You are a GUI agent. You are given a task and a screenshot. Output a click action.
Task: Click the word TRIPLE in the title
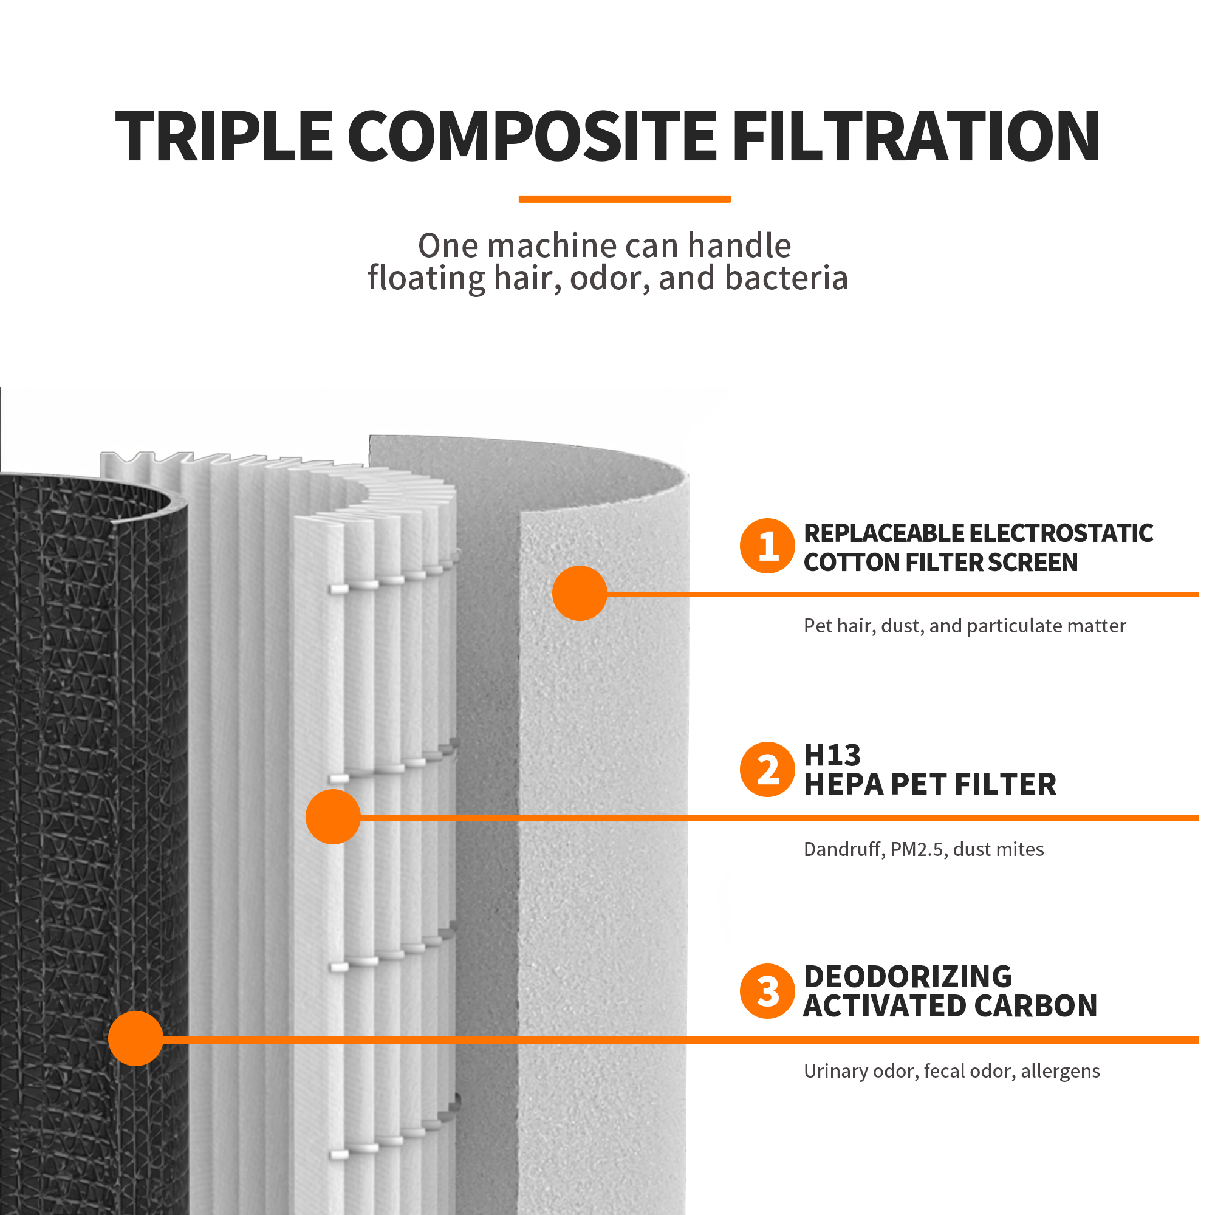pyautogui.click(x=224, y=137)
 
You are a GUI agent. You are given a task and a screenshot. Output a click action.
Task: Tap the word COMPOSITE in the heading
pyautogui.click(x=532, y=137)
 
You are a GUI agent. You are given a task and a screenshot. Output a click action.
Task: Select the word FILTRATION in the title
pyautogui.click(x=916, y=137)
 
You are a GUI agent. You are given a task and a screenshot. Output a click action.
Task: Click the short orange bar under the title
pyautogui.click(x=625, y=199)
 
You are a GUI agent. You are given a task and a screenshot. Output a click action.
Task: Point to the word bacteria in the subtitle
pyautogui.click(x=786, y=278)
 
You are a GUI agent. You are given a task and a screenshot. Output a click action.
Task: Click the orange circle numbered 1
pyautogui.click(x=767, y=546)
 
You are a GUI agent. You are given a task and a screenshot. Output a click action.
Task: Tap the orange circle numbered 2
pyautogui.click(x=767, y=770)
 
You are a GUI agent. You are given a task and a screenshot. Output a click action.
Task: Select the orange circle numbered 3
pyautogui.click(x=767, y=991)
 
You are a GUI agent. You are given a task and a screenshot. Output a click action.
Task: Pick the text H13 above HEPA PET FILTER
pyautogui.click(x=832, y=755)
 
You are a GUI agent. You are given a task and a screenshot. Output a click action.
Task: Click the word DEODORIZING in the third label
pyautogui.click(x=908, y=977)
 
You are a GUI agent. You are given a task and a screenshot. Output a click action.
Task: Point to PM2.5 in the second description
pyautogui.click(x=917, y=850)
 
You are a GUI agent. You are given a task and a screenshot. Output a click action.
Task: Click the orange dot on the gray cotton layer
pyautogui.click(x=579, y=593)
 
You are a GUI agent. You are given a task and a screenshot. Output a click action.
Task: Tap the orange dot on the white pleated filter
pyautogui.click(x=333, y=817)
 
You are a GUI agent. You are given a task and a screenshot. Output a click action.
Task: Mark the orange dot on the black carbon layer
pyautogui.click(x=135, y=1038)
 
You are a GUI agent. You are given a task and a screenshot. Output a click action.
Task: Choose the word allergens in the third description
pyautogui.click(x=1060, y=1072)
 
